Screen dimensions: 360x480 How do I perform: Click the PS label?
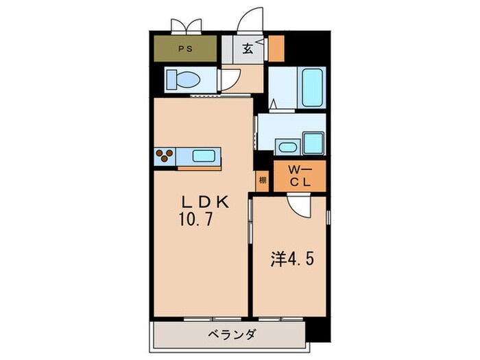pos(186,49)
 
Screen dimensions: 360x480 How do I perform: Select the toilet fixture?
pos(183,80)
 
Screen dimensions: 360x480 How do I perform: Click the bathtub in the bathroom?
pos(313,86)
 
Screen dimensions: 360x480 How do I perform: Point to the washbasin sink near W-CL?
pos(287,147)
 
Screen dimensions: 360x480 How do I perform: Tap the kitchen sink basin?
pos(204,156)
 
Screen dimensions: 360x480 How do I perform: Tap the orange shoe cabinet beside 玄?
pos(276,48)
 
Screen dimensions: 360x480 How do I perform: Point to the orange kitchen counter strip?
pos(199,168)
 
